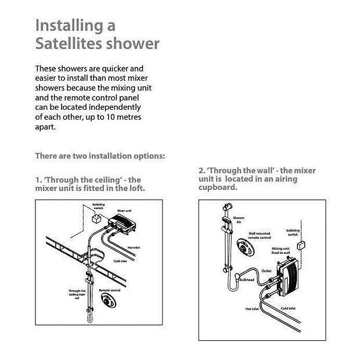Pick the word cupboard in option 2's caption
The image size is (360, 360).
click(x=218, y=188)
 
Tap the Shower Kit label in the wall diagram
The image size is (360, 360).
click(x=238, y=221)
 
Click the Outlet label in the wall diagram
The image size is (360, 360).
click(x=267, y=271)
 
